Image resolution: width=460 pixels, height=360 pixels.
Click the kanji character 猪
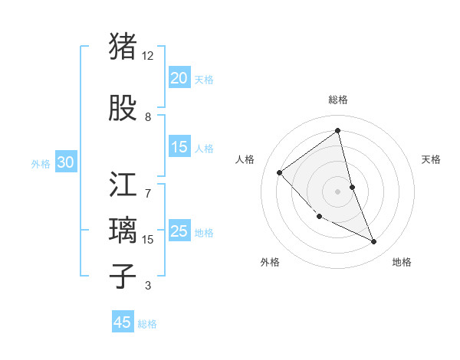(x=123, y=45)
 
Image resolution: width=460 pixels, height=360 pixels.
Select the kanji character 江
(x=123, y=185)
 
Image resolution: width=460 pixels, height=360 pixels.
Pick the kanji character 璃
(x=123, y=231)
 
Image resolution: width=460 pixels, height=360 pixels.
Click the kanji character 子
(x=123, y=275)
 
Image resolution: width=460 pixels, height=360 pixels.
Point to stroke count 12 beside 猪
(x=148, y=56)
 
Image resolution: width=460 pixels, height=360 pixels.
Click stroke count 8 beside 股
(x=148, y=117)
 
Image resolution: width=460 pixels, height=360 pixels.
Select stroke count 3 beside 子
(x=148, y=286)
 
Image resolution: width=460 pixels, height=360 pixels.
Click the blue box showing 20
(x=179, y=77)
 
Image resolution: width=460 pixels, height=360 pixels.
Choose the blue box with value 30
(x=65, y=162)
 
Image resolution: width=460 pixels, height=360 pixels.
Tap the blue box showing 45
(x=123, y=322)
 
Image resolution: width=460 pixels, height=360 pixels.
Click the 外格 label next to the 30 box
(x=41, y=163)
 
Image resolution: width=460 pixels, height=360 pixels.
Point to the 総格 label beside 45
(x=147, y=324)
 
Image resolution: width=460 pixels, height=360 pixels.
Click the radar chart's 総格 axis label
(x=338, y=100)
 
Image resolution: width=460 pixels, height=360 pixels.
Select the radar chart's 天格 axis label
(x=431, y=159)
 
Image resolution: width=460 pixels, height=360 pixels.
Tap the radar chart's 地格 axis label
(x=402, y=262)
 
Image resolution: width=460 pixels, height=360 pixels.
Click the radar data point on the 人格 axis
(x=280, y=172)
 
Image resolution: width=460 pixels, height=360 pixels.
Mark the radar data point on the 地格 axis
(x=374, y=242)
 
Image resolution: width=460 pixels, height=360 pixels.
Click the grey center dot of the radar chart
(x=338, y=191)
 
